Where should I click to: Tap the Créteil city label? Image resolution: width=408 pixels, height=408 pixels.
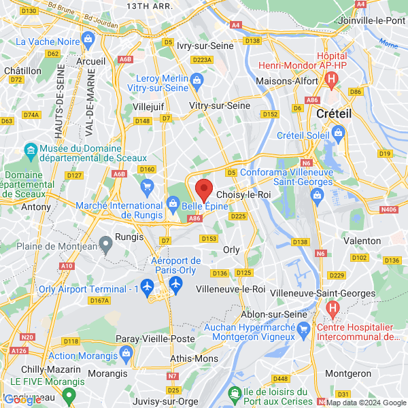coord(334,114)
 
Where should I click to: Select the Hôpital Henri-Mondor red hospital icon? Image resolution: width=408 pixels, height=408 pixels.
coord(331,81)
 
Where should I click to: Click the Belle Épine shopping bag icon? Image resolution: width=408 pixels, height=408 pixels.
coord(173,203)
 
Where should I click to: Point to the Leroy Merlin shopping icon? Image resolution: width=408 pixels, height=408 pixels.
coord(197,82)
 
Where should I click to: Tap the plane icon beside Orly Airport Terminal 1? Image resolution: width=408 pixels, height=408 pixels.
coord(147,285)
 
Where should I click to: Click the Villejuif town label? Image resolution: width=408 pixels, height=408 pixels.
coord(148,107)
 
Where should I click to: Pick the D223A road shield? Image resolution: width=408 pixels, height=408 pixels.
coord(203,60)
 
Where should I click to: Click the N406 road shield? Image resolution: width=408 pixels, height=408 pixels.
coord(389,209)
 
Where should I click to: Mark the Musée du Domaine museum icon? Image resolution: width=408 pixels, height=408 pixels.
coord(31,150)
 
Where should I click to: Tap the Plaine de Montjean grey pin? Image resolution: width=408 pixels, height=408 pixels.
coord(105,243)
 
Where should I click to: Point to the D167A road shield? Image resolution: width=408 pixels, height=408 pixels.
coord(99,300)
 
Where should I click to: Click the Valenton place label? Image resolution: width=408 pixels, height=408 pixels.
coord(362,241)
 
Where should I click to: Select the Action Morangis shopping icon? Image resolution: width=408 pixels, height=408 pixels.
coord(125,353)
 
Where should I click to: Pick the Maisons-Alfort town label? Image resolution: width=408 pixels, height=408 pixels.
coord(284,81)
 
